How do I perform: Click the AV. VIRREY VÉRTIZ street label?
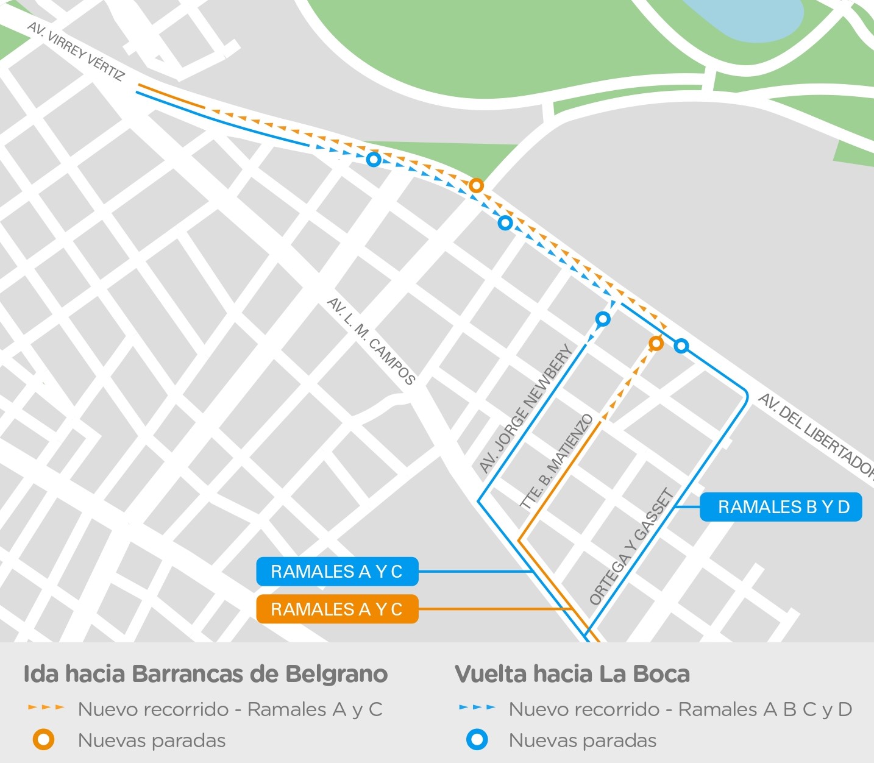(76, 52)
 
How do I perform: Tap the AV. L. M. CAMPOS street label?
(371, 341)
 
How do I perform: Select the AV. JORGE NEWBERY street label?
(525, 409)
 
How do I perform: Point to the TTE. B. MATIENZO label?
(556, 461)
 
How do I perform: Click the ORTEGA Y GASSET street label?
(631, 547)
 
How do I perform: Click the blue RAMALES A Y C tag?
(337, 572)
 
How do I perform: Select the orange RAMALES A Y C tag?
(337, 609)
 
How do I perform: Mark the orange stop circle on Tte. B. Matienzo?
(656, 344)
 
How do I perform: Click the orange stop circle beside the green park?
(477, 185)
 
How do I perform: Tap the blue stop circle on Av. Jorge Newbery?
(603, 319)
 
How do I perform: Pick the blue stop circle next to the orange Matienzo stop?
(681, 346)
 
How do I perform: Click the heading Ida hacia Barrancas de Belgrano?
(205, 674)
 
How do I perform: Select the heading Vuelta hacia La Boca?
(572, 674)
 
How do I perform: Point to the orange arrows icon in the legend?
(46, 708)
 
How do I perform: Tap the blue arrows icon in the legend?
(477, 708)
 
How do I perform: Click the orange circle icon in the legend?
(44, 740)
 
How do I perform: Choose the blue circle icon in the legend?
(477, 740)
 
